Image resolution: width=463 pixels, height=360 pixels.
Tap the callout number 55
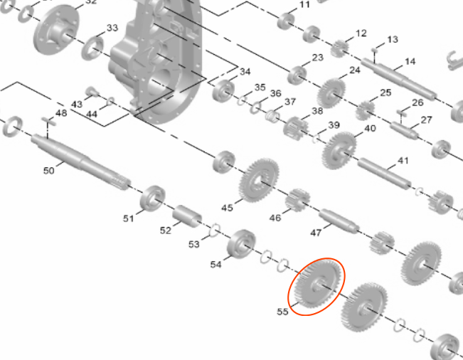point(282,312)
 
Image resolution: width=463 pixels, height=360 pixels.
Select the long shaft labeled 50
point(80,162)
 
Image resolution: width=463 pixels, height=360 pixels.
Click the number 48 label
point(61,113)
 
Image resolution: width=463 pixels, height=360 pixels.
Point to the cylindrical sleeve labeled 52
point(187,216)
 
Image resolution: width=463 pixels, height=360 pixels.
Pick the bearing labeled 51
point(152,198)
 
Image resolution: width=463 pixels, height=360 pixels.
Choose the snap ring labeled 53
point(215,230)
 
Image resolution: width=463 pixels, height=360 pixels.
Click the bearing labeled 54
point(241,244)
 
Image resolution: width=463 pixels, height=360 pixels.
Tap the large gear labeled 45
point(259,180)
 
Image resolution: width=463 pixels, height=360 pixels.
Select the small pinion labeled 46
point(297,200)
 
